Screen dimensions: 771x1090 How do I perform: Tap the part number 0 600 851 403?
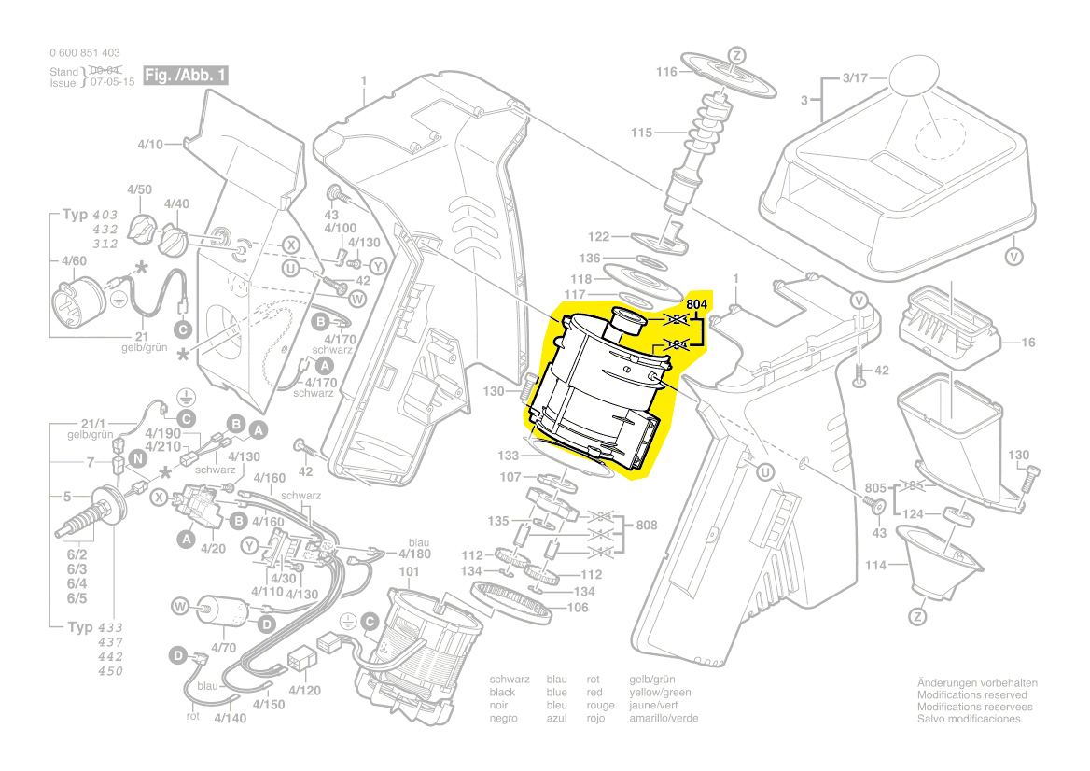point(83,53)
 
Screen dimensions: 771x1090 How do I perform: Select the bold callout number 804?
point(698,304)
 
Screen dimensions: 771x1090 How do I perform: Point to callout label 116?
point(665,72)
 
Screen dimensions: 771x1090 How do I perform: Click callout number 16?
point(1027,343)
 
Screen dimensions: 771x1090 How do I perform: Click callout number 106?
point(578,609)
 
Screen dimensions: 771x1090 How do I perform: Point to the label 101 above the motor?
point(410,571)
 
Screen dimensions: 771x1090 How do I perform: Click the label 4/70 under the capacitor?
point(222,647)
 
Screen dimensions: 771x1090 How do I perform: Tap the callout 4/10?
point(150,145)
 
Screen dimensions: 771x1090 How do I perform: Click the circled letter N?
point(137,457)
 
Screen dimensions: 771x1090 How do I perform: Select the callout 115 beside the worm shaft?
point(641,133)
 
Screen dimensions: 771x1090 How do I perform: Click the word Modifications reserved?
point(971,695)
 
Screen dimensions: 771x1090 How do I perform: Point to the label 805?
point(874,487)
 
